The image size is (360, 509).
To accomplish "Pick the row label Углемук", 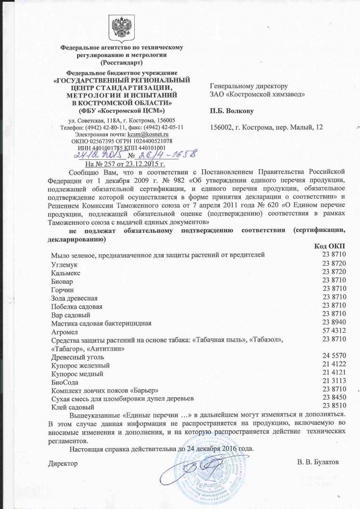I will (65, 264).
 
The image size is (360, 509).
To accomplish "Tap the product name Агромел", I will (64, 332).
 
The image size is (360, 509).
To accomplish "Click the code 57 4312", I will (335, 332).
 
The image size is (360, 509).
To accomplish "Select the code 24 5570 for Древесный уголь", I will (335, 357).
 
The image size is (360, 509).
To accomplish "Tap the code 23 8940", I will (335, 323).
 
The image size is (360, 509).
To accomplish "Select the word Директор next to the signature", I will (63, 464).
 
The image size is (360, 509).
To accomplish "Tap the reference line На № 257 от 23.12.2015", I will (124, 164).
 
